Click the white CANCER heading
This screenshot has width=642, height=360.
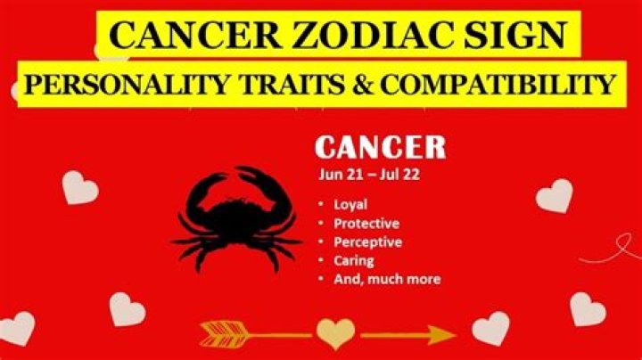pos(381,146)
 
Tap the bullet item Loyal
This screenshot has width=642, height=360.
pos(350,204)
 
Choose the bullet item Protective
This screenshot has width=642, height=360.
pos(366,223)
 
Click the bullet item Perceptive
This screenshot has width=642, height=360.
pos(367,241)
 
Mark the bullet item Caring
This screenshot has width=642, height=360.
pos(353,260)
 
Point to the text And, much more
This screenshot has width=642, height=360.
pos(386,279)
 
